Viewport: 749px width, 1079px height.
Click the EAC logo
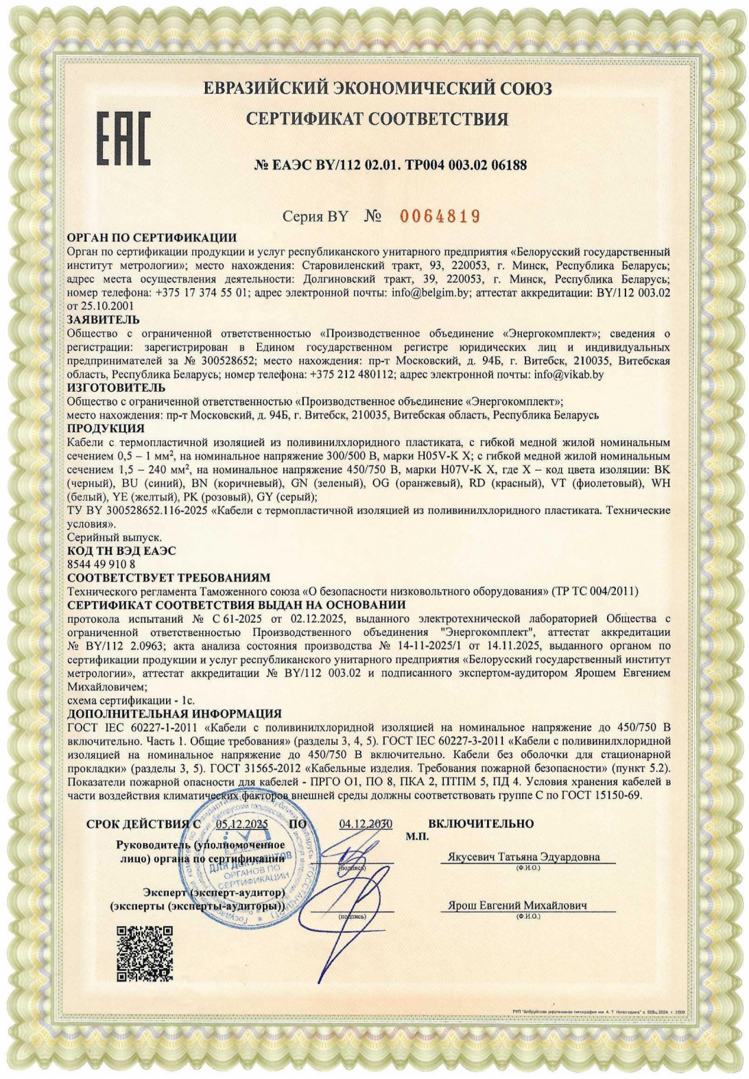[123, 139]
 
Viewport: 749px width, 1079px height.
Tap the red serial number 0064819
[440, 217]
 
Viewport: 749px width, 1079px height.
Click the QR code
[144, 953]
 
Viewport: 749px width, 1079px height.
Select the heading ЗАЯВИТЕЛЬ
[103, 320]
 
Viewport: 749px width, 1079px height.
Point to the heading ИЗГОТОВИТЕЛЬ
[116, 388]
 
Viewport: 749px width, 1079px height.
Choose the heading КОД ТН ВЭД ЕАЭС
[121, 551]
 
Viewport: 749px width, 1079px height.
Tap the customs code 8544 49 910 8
[101, 564]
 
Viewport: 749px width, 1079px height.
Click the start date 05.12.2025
[241, 824]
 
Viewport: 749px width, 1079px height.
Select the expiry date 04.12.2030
[366, 824]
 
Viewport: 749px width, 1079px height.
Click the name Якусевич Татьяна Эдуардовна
[523, 857]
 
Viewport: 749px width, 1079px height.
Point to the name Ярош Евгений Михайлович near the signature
[517, 905]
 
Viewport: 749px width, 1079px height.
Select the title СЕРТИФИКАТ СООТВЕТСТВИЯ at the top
[377, 119]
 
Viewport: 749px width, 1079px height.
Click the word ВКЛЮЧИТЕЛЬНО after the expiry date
[481, 823]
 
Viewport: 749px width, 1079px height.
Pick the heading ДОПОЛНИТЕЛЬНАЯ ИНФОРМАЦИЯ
[174, 714]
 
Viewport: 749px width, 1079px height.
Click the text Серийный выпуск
[114, 537]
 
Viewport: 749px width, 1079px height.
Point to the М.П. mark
[416, 836]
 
